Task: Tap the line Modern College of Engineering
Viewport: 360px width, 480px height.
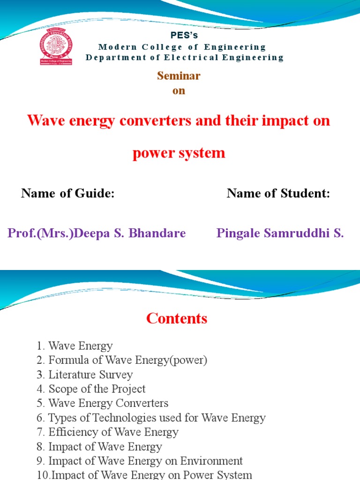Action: [x=182, y=47]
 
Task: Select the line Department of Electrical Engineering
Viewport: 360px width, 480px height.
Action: [x=185, y=58]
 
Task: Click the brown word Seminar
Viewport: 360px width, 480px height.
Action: [x=179, y=76]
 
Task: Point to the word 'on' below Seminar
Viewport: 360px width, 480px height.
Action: [x=179, y=91]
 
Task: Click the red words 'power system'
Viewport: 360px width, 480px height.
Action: [x=179, y=153]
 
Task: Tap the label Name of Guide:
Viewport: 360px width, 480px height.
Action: [x=68, y=193]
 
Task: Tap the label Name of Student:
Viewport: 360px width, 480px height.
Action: [x=278, y=193]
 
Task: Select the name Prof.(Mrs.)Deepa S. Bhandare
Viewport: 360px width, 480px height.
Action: [x=97, y=233]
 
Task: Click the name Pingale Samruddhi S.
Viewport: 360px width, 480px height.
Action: [x=280, y=233]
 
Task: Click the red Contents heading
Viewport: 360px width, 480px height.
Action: [x=177, y=319]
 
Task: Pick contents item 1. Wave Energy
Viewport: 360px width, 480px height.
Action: [x=75, y=346]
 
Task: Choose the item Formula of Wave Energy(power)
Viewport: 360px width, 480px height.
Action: [x=121, y=360]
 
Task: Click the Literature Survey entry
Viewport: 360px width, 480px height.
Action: [x=84, y=375]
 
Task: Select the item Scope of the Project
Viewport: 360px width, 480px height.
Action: [x=90, y=389]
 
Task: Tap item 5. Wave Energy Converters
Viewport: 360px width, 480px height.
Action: [x=102, y=403]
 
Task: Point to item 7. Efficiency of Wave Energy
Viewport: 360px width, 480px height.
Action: [x=107, y=432]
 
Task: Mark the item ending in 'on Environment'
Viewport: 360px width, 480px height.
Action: [x=139, y=461]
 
